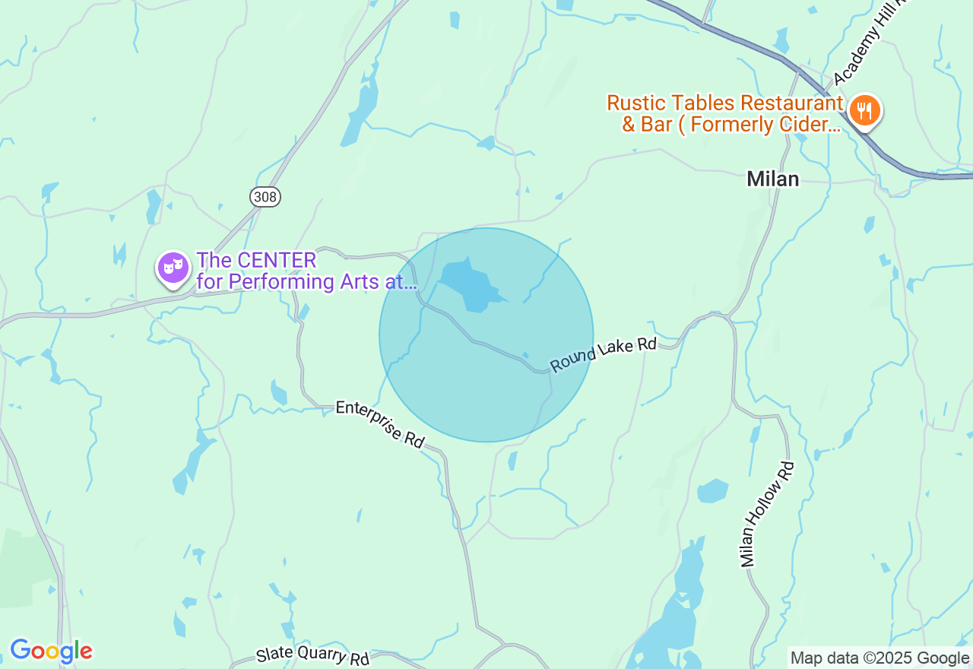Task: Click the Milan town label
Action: point(772,179)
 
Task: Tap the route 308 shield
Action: point(265,197)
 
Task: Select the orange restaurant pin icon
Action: point(864,111)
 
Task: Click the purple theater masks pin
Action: point(173,268)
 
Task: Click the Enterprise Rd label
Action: point(380,423)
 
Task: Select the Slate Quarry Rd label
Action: point(312,655)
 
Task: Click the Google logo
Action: point(51,651)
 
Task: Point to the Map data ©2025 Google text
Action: point(880,658)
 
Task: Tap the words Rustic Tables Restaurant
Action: point(724,103)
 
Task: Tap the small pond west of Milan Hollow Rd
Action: point(712,490)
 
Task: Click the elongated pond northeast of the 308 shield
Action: point(360,114)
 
